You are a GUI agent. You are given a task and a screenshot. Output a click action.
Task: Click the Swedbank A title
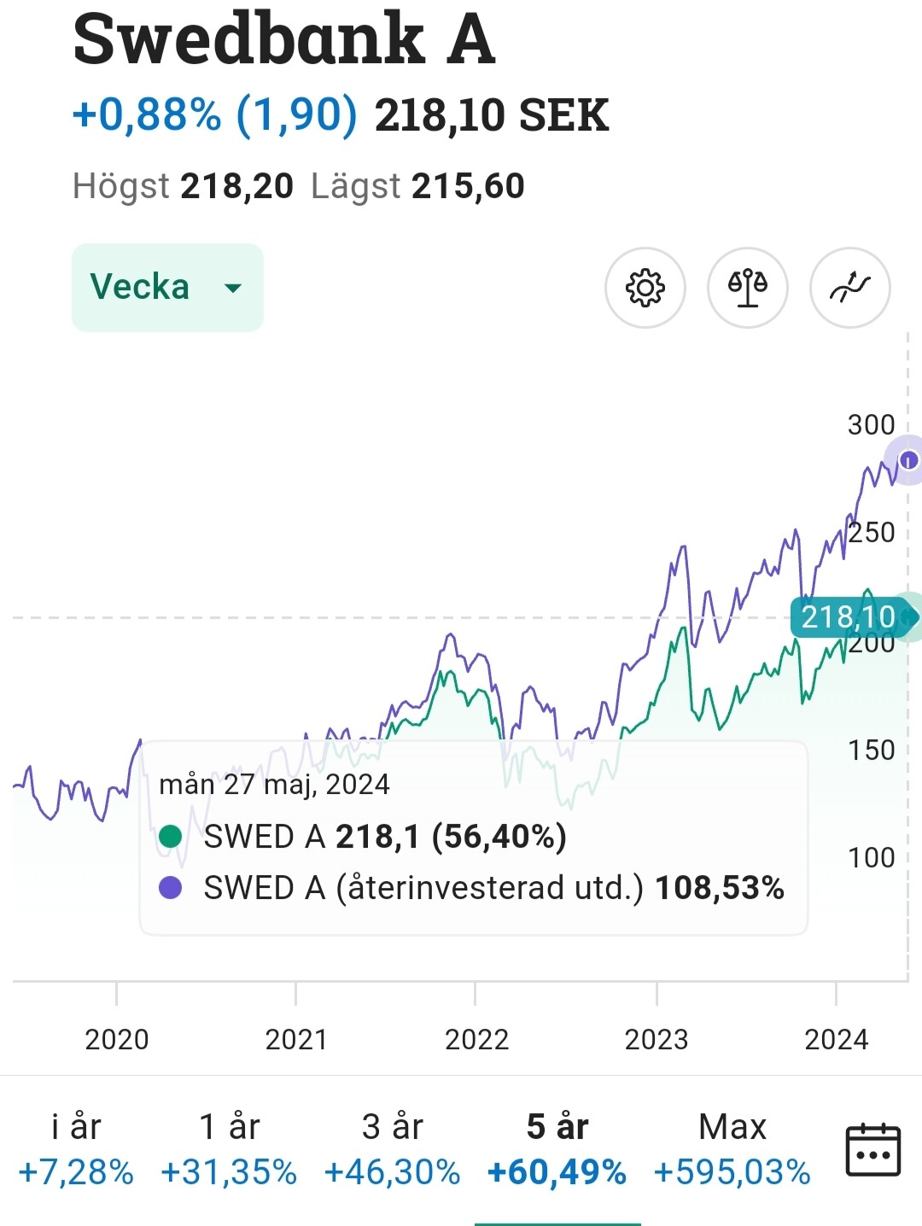(284, 39)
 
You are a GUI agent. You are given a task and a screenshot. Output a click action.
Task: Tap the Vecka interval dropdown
(167, 287)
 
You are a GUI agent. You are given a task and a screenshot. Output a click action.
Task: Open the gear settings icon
(645, 288)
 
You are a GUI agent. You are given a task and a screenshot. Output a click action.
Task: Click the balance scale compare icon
(747, 288)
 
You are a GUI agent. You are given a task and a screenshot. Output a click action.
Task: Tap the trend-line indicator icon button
(849, 288)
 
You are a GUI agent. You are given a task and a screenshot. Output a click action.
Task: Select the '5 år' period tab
(557, 1149)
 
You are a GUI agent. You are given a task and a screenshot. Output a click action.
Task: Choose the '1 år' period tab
(229, 1149)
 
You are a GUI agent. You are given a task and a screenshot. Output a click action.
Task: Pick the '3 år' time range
(392, 1149)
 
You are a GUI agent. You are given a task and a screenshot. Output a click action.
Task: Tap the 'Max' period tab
(732, 1149)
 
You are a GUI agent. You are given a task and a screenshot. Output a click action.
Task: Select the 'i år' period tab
(76, 1149)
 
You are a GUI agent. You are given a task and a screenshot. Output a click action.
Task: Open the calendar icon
(872, 1150)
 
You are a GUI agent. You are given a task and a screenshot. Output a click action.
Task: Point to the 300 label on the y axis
(871, 424)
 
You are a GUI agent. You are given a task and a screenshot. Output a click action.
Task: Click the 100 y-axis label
(871, 857)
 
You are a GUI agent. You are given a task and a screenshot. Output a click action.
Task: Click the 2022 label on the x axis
(476, 1039)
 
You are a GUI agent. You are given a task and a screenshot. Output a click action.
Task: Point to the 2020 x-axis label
(117, 1039)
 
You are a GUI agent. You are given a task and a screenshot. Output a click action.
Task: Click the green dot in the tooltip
(171, 837)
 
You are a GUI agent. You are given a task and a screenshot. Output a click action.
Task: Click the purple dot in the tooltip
(171, 888)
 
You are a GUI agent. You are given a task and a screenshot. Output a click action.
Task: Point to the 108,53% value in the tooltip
(719, 888)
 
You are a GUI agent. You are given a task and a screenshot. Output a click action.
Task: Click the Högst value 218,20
(236, 186)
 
